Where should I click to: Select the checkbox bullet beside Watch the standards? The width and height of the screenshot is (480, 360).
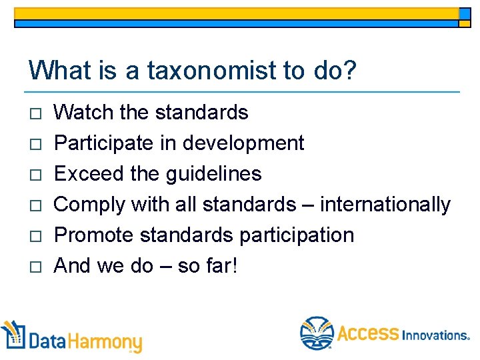pyautogui.click(x=35, y=113)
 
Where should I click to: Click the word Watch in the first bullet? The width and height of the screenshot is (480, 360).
pyautogui.click(x=84, y=112)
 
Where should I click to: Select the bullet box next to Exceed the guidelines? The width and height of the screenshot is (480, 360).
pyautogui.click(x=35, y=175)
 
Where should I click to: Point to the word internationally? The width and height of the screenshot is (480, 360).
pyautogui.click(x=385, y=205)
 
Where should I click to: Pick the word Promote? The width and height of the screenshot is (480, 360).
pyautogui.click(x=95, y=235)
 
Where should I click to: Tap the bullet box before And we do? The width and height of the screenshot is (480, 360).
pyautogui.click(x=35, y=267)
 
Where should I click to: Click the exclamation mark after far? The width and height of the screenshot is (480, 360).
pyautogui.click(x=234, y=265)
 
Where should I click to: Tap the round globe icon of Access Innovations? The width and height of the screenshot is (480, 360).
pyautogui.click(x=316, y=333)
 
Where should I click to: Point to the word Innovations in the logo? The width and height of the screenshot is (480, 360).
pyautogui.click(x=435, y=335)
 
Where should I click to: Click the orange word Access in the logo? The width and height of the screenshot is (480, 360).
pyautogui.click(x=367, y=333)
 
